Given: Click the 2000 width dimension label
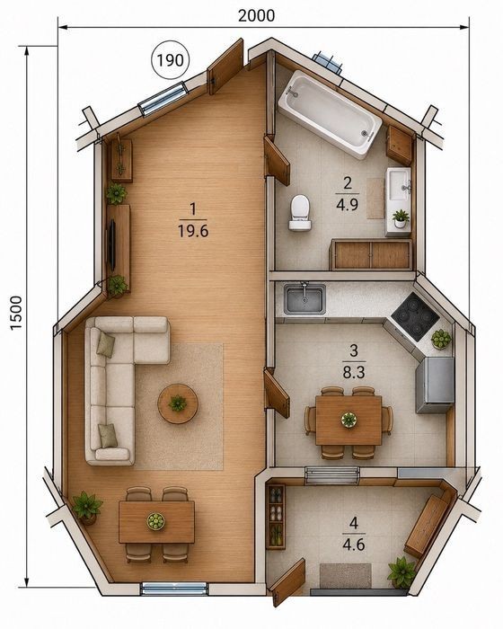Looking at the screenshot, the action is tap(256, 15).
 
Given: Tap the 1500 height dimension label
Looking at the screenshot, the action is tap(16, 313).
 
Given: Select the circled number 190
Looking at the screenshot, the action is tap(170, 60).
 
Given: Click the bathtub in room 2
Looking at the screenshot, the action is tap(330, 114).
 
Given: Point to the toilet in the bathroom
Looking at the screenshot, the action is tap(300, 213).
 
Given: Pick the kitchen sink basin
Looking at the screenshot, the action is tap(304, 299).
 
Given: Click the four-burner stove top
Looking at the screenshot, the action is tap(415, 316).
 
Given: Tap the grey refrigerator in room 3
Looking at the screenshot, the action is tap(435, 385).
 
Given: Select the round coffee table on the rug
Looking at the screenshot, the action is tap(178, 403).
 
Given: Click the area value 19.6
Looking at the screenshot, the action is tap(193, 231).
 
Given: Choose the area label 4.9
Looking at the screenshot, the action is tap(348, 205).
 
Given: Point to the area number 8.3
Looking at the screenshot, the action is tap(354, 373).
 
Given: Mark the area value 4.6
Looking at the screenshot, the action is tap(354, 545).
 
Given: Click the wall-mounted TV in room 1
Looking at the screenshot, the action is tap(112, 244).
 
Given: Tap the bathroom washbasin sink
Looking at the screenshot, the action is tap(399, 184).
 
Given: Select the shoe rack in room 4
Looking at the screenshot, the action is tap(276, 517).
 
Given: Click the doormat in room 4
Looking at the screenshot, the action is tap(345, 577).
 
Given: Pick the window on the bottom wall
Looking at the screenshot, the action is tap(175, 589).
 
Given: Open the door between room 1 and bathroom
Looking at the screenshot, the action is tap(276, 161).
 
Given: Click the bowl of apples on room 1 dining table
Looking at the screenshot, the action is tap(155, 521).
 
